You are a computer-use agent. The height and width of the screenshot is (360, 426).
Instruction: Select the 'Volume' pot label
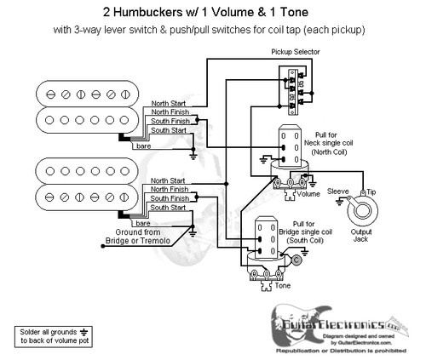coord(308,193)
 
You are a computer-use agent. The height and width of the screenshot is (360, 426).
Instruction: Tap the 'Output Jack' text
coord(369,235)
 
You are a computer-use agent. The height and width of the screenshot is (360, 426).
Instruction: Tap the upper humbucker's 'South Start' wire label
coord(169,130)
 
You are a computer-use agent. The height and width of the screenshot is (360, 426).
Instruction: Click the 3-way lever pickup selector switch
coord(294,89)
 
